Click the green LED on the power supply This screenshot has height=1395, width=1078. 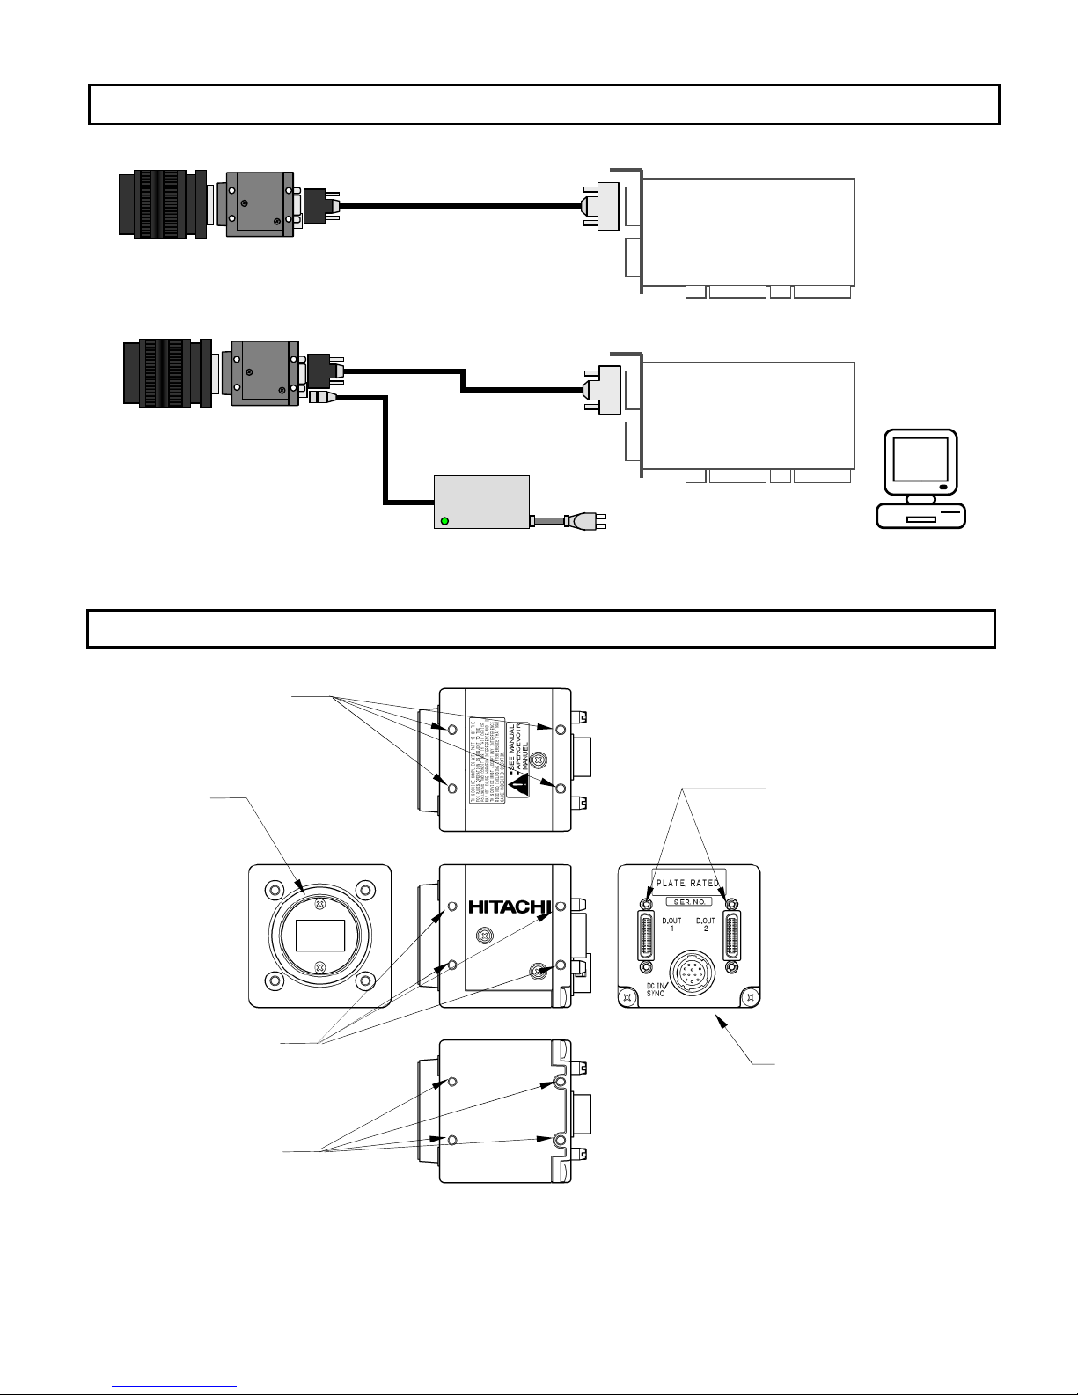tap(444, 521)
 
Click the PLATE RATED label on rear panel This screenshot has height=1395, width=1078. tap(688, 883)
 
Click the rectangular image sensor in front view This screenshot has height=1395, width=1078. tap(320, 936)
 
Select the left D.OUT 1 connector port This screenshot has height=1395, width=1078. tap(648, 937)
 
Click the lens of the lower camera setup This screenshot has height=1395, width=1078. tap(167, 374)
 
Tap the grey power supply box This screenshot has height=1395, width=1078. tap(482, 502)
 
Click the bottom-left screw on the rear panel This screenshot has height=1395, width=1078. tap(627, 996)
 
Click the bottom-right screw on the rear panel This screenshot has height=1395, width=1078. tap(749, 996)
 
